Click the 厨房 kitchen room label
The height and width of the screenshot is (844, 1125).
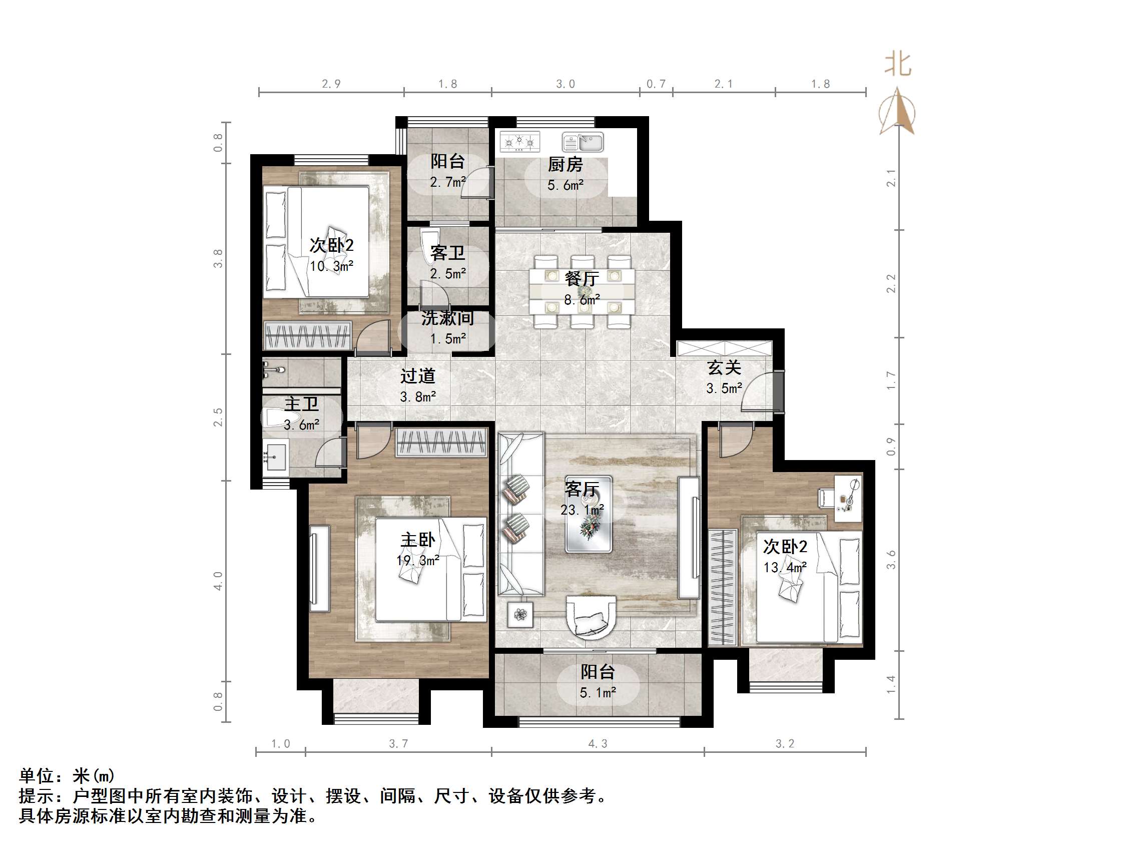coord(565,164)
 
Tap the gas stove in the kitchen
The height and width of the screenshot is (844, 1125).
coord(519,142)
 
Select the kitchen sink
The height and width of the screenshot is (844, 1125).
coord(583,143)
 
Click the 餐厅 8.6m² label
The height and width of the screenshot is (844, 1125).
coord(582,288)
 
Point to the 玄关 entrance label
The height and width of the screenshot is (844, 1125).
coord(724,367)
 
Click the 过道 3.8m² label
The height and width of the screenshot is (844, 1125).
coord(417,386)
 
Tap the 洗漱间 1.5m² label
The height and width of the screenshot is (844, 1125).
coord(447,327)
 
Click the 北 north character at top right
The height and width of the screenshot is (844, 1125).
coord(898,65)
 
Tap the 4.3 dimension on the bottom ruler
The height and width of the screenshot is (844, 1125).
coord(598,744)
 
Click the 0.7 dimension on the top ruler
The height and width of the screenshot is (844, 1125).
coord(656,84)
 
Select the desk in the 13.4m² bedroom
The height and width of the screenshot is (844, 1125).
coord(848,498)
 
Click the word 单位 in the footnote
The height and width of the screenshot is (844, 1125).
coord(37,776)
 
